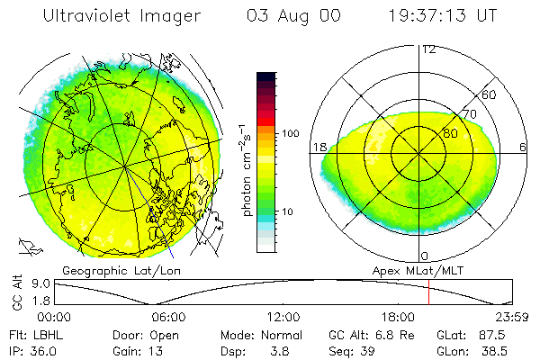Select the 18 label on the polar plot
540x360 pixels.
click(x=319, y=147)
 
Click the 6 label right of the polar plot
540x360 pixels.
click(x=523, y=147)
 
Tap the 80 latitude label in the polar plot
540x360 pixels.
click(x=449, y=133)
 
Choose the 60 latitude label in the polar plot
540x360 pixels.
click(x=490, y=94)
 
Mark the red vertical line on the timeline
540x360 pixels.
click(x=429, y=292)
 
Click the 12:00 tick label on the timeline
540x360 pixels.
click(x=283, y=317)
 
